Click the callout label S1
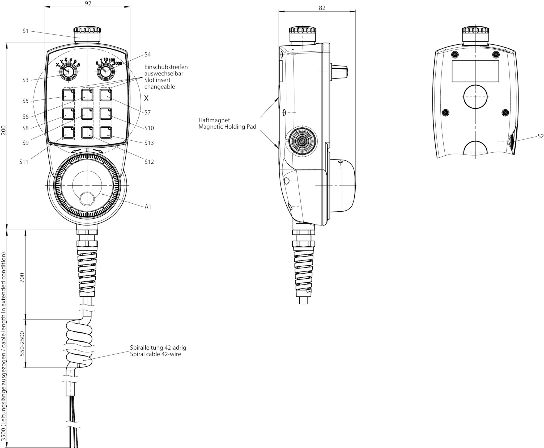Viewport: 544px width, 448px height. [25, 31]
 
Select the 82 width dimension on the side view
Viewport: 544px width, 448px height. [322, 8]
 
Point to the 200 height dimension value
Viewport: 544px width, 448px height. [3, 130]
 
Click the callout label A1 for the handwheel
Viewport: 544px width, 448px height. [148, 207]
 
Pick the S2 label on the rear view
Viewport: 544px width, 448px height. [540, 136]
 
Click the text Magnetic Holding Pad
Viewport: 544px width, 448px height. [227, 127]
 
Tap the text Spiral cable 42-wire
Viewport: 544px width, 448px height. [155, 354]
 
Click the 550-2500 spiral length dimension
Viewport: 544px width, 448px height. [22, 344]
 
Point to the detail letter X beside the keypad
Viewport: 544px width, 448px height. [146, 98]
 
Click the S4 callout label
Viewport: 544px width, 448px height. [147, 55]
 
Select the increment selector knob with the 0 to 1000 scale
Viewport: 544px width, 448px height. [106, 72]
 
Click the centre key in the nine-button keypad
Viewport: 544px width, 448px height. [87, 114]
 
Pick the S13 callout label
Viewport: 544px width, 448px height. [149, 143]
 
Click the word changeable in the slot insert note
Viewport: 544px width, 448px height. [160, 87]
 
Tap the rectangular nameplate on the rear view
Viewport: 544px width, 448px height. [475, 71]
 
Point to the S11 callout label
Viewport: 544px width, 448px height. [24, 162]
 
